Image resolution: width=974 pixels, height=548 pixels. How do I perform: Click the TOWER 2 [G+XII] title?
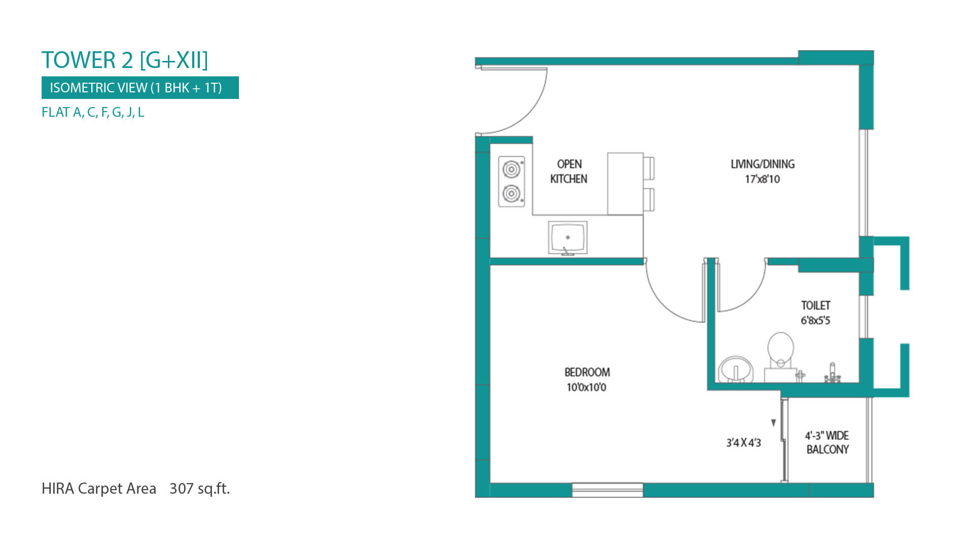[x=125, y=60]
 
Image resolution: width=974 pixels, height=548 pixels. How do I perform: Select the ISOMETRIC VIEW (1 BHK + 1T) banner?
[x=140, y=88]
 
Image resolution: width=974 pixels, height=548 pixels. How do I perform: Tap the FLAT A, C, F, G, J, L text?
[x=93, y=112]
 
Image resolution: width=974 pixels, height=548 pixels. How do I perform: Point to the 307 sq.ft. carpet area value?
[x=200, y=488]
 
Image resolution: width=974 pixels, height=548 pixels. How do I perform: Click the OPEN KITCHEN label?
[x=569, y=172]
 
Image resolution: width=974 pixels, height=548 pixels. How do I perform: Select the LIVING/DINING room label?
[x=762, y=164]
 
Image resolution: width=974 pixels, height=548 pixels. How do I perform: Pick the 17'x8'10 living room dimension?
[x=762, y=179]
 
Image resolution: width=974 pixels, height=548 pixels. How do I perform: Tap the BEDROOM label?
[x=587, y=372]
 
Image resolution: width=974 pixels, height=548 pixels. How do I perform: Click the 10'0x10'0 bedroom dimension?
[x=586, y=387]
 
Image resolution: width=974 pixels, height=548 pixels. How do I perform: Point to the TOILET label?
[x=816, y=305]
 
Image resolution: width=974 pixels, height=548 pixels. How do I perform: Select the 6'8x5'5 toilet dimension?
[x=816, y=321]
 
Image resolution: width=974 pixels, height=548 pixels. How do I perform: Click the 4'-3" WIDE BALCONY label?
[x=827, y=442]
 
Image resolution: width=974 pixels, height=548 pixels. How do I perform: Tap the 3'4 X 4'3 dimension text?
[x=744, y=443]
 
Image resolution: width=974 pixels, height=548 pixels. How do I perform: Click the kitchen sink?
[x=568, y=238]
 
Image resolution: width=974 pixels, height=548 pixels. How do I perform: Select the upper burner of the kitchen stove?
[x=511, y=169]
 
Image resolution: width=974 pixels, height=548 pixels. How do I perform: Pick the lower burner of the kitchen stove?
[x=511, y=193]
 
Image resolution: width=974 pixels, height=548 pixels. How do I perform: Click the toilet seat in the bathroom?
[x=780, y=349]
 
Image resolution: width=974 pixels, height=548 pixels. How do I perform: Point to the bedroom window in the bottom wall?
[x=608, y=490]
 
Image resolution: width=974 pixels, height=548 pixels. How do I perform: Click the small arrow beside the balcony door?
[x=774, y=423]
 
